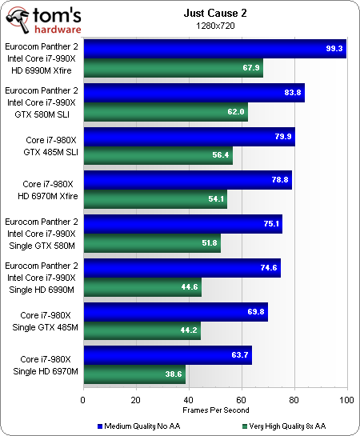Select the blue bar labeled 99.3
214,49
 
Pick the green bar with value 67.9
172,68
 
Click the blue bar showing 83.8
193,93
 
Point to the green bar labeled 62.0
165,112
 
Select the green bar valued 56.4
158,155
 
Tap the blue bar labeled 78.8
186,180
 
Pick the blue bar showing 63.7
166,355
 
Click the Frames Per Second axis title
214,410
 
